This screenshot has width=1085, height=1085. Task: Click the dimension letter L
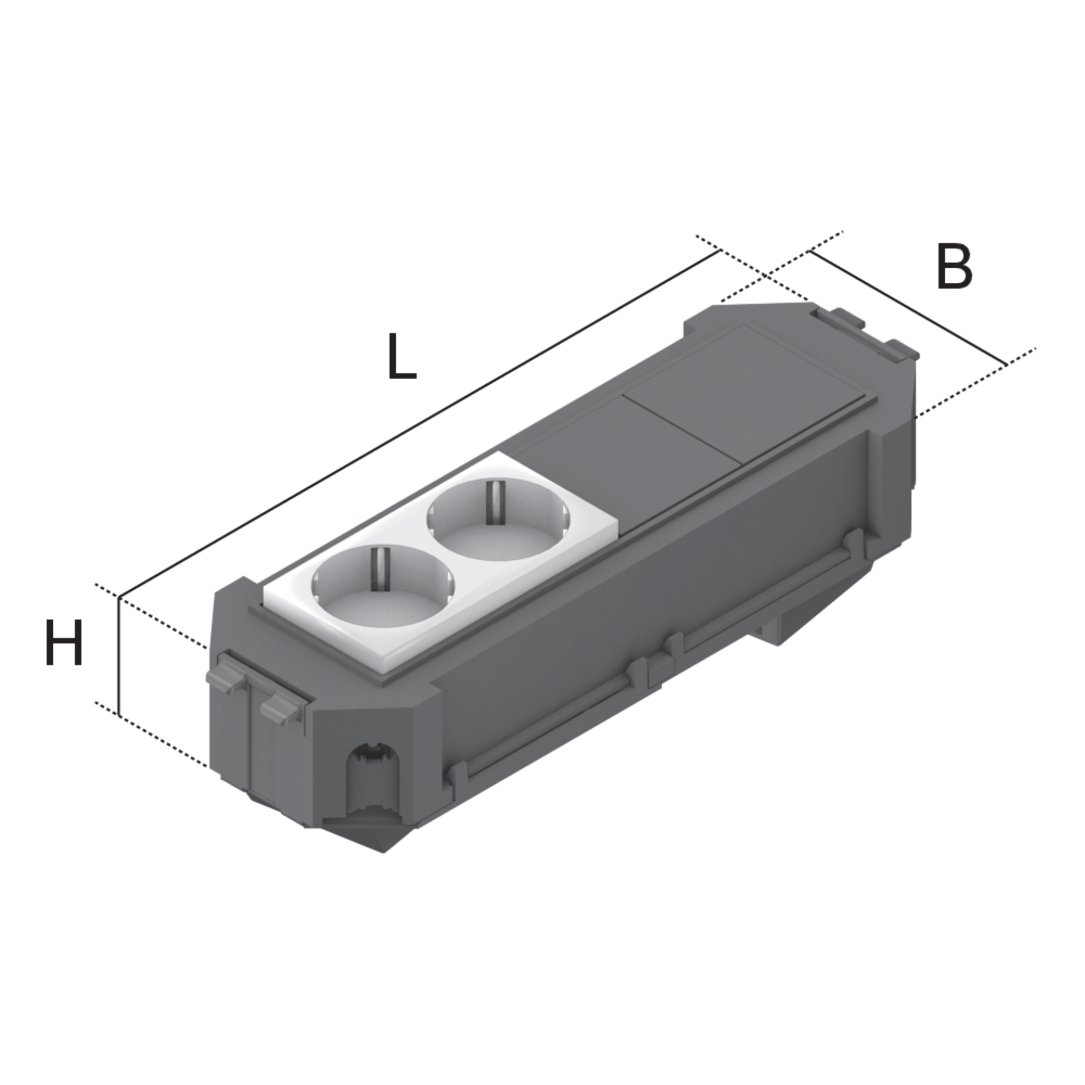(402, 357)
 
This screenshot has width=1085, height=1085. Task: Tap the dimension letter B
(953, 267)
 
